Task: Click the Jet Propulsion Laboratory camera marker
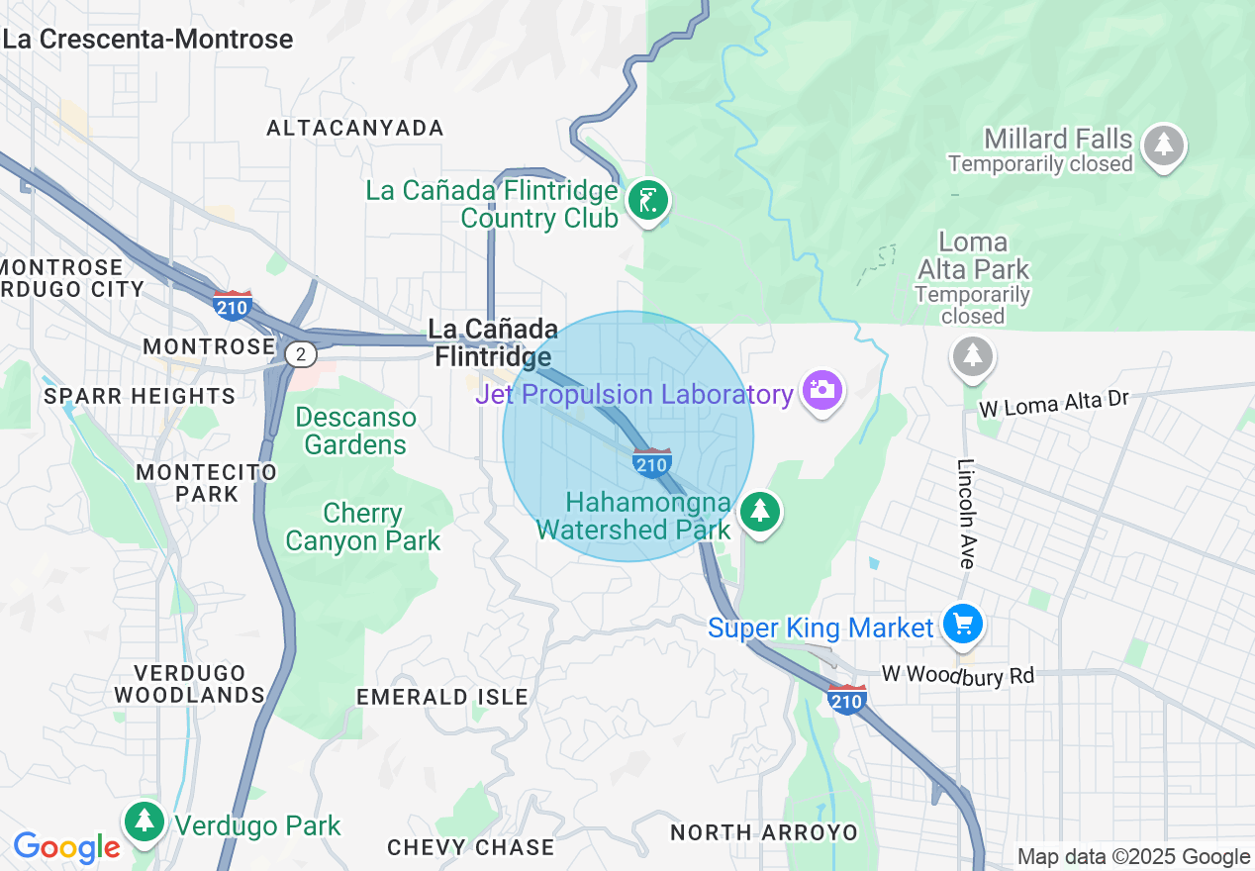click(821, 390)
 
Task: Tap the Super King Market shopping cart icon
click(961, 625)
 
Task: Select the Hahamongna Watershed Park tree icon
click(759, 512)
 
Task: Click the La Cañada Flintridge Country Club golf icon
click(648, 201)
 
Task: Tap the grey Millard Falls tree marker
click(1163, 145)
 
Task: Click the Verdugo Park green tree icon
click(145, 821)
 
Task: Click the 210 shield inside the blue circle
click(652, 462)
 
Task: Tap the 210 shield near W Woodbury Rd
click(847, 698)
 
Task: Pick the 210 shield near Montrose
click(232, 305)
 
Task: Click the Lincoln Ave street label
click(967, 513)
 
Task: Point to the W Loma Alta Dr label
click(1053, 403)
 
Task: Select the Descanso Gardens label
click(355, 431)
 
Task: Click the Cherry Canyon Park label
click(362, 527)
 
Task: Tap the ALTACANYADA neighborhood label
click(355, 128)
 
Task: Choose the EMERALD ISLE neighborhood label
click(442, 697)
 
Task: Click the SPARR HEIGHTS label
click(140, 396)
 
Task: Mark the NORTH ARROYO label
click(763, 832)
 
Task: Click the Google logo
click(66, 847)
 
